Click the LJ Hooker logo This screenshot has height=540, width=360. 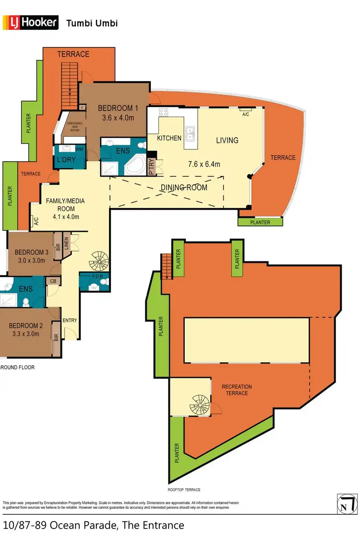coord(31,22)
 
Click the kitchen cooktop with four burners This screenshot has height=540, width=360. coord(163,113)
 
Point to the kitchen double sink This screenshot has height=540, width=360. coord(190,132)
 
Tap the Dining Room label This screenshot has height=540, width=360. coord(184,187)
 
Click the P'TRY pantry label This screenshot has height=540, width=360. coord(152,162)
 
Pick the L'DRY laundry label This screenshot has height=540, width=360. coord(66,159)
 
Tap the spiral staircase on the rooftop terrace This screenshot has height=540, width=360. coord(198,405)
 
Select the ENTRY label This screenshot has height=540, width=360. coord(70,320)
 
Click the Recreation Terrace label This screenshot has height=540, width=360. coord(237,390)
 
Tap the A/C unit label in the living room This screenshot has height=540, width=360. coord(246,114)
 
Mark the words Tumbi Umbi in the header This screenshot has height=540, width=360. coord(92,23)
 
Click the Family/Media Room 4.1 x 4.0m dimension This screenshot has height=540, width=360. coord(66,216)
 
